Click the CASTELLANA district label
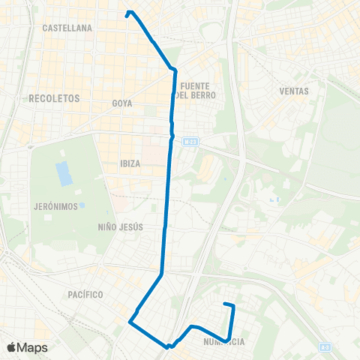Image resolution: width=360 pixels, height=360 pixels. [x=67, y=28]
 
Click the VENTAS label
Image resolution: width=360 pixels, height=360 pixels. [x=293, y=91]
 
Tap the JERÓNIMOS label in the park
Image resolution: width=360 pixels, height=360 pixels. [x=55, y=206]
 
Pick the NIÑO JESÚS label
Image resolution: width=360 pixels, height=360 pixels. [x=120, y=226]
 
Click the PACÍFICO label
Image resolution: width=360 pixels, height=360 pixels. [x=83, y=295]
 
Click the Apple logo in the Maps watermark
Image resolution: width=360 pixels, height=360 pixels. [x=12, y=347]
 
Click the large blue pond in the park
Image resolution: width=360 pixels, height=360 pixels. [x=64, y=173]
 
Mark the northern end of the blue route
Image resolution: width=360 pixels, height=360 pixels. [x=129, y=13]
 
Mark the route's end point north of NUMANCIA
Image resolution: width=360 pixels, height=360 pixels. [x=226, y=304]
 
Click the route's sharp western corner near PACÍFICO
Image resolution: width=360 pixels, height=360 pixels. [x=130, y=322]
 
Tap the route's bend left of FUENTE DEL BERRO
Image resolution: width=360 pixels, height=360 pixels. [x=174, y=70]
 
